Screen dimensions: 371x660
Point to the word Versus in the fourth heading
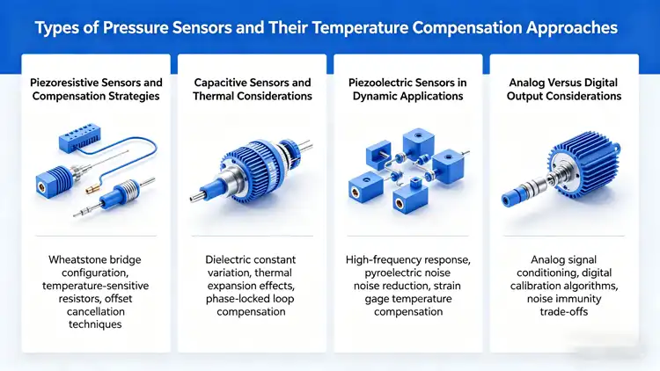point(563,83)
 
